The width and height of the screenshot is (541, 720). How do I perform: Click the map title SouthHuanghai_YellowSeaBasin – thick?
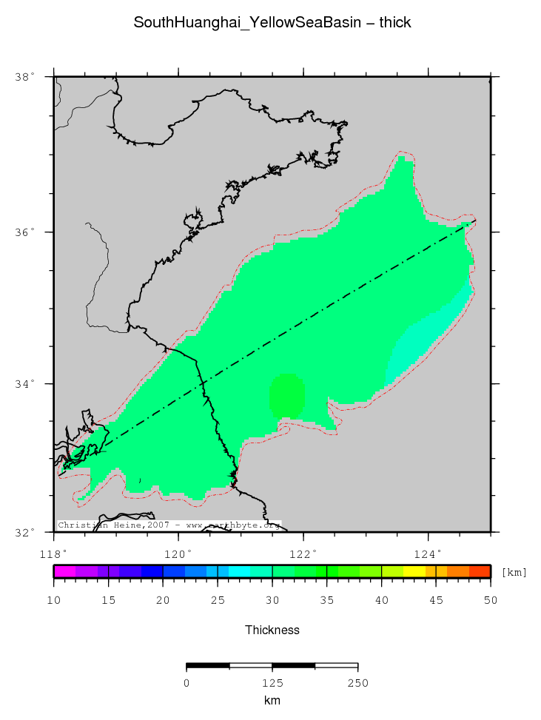coord(272,23)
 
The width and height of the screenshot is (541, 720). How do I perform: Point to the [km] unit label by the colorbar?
coord(514,572)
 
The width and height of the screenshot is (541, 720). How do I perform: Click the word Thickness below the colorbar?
coord(272,630)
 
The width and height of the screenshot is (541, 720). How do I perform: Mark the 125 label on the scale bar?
coord(272,682)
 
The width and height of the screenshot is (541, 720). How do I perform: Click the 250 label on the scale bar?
coord(358,682)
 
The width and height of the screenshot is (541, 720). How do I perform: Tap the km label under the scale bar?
coord(272,700)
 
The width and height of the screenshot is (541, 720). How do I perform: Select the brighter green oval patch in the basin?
coord(286,396)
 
